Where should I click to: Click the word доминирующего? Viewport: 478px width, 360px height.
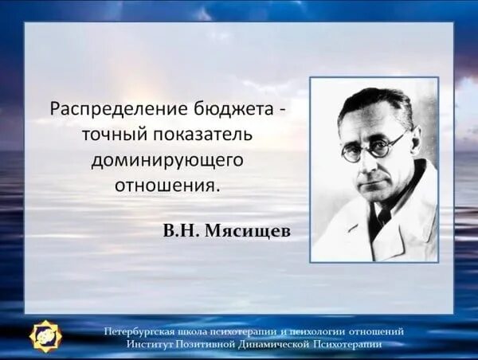click(167, 160)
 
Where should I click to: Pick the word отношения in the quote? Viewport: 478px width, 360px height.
click(167, 186)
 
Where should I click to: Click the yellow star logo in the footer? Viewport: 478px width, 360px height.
click(45, 335)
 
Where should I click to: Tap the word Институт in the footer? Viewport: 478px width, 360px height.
click(149, 343)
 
